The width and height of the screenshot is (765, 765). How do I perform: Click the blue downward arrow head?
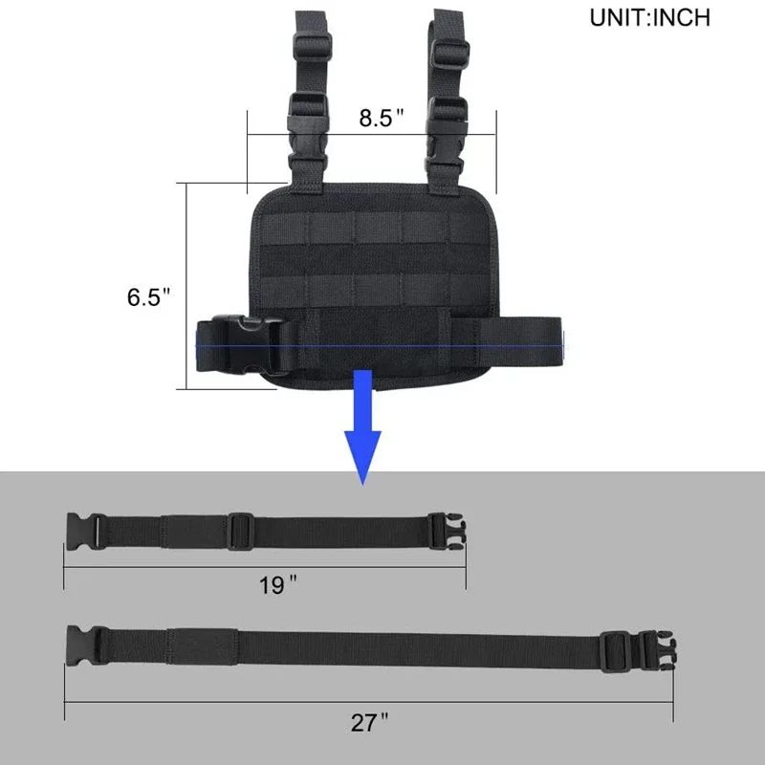point(363,454)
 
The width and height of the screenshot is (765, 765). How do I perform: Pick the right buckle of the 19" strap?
point(446,530)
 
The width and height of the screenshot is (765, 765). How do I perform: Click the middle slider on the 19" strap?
point(239,529)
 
